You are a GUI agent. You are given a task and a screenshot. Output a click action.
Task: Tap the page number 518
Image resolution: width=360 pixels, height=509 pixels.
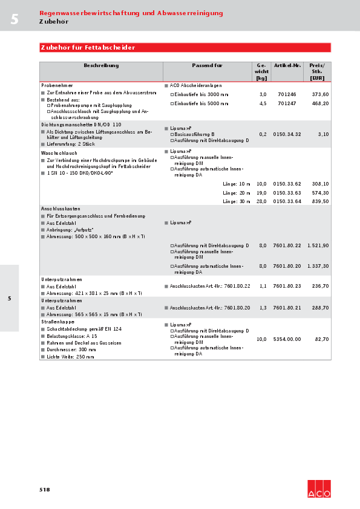44,490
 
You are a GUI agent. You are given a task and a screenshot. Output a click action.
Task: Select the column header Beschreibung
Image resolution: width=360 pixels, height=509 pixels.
101,65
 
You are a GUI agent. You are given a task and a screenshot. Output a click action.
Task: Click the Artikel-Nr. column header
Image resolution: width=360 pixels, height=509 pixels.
287,65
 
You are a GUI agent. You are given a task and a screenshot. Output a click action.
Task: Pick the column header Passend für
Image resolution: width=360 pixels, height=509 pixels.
207,65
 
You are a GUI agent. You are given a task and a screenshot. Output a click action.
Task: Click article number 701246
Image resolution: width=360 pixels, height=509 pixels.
287,95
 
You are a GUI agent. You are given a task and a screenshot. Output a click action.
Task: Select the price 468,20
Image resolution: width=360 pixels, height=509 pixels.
320,103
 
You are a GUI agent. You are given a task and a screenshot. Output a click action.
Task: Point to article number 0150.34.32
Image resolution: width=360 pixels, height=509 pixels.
287,134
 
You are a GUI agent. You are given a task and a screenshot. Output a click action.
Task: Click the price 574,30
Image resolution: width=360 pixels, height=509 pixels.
320,192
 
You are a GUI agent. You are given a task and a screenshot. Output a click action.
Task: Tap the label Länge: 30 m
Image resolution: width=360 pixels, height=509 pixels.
236,201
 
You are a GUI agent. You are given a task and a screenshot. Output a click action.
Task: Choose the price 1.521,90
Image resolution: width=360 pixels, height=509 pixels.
318,245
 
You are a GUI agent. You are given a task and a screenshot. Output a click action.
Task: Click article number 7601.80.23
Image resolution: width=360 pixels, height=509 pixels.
287,286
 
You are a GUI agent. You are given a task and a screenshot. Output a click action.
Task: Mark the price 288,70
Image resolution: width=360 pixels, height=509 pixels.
320,308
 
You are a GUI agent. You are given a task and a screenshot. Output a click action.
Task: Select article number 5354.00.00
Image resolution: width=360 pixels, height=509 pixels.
287,339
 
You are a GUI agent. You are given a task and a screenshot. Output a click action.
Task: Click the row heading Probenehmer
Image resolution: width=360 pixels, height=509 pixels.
57,86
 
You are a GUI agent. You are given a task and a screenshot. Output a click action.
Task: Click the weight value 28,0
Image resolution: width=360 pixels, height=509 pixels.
261,201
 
